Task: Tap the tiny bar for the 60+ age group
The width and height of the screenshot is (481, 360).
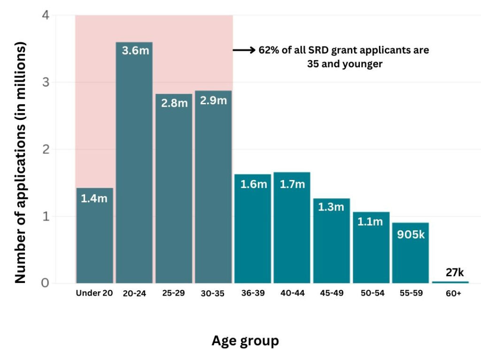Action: pos(450,282)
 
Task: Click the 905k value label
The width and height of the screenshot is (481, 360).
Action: pos(411,234)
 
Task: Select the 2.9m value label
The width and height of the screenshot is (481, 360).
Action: pos(214,101)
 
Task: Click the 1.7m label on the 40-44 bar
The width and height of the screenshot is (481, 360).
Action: pos(292,184)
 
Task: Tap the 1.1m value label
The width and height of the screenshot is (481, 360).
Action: pos(371,222)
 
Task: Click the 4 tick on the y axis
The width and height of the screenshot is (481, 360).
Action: pos(46,16)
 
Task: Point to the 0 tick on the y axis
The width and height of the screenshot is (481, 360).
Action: pos(46,283)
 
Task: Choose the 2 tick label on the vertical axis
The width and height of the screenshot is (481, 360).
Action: pos(46,149)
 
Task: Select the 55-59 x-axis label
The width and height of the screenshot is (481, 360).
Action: pos(411,293)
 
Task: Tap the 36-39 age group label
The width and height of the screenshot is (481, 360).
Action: pos(253,293)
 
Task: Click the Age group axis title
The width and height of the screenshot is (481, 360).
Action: pos(245,340)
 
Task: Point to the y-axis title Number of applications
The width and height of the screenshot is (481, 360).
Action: pos(20,162)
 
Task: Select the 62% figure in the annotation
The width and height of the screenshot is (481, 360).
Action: pos(269,50)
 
